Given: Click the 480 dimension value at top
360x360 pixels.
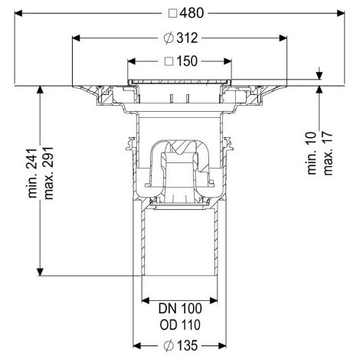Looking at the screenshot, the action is [x=191, y=13].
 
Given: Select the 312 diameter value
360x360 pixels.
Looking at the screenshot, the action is [x=187, y=38].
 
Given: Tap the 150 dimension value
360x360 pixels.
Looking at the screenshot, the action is [x=187, y=61].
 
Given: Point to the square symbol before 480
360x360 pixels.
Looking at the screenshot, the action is [x=173, y=13].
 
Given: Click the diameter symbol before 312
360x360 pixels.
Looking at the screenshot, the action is [x=169, y=38].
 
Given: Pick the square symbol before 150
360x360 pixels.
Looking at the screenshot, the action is [x=169, y=61].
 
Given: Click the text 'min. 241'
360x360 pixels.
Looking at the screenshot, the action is [x=33, y=173].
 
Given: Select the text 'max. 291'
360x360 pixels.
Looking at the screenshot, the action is [x=48, y=173].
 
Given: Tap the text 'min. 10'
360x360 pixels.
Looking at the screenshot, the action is [x=312, y=153].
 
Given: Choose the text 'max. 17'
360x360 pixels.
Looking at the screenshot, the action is [x=328, y=153].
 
